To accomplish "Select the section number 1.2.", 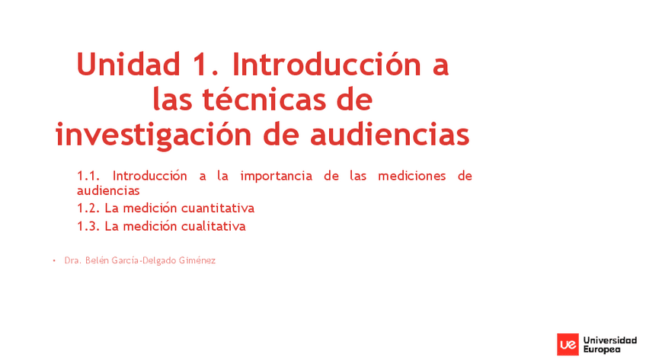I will [x=88, y=208].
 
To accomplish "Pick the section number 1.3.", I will [x=88, y=226].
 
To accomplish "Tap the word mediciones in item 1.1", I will [x=412, y=176].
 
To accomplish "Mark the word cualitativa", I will [x=213, y=226].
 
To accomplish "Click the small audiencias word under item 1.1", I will [x=108, y=190].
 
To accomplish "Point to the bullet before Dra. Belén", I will [x=54, y=260].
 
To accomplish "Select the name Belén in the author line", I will [x=97, y=260].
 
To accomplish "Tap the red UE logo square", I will [x=568, y=344].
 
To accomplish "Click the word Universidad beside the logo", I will [x=609, y=339].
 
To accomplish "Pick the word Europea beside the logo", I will [x=602, y=349].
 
